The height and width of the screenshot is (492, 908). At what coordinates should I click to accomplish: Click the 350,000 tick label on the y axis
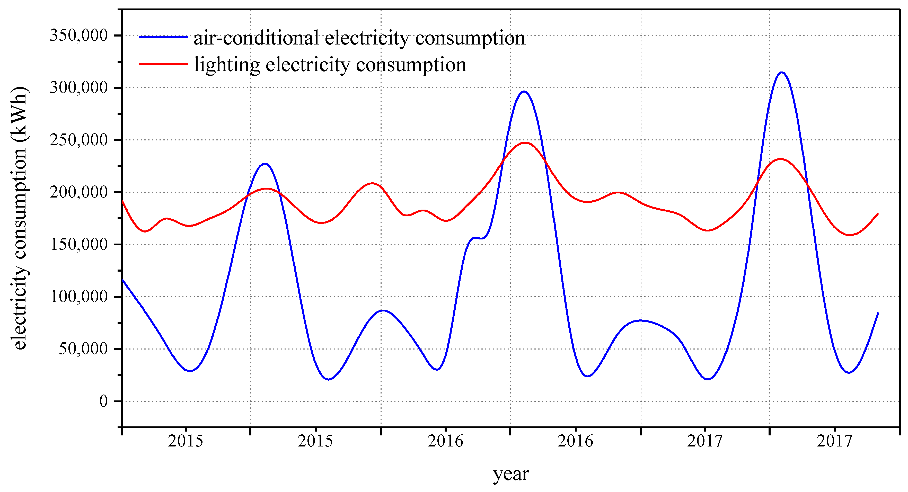[x=78, y=35]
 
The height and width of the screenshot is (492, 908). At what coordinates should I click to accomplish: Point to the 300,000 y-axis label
[x=78, y=87]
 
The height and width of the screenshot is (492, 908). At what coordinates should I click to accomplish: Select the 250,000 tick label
[x=78, y=140]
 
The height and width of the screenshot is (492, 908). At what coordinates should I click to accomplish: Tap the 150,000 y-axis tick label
[x=78, y=244]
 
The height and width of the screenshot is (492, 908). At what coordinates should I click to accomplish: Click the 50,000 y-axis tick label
[x=83, y=349]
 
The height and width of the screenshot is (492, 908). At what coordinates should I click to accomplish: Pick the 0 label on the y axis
[x=103, y=401]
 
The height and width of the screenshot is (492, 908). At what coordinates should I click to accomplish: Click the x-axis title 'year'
[x=510, y=474]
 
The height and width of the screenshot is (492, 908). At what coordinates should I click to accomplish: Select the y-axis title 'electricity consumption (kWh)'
[x=19, y=218]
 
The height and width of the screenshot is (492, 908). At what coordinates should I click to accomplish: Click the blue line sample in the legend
[x=164, y=37]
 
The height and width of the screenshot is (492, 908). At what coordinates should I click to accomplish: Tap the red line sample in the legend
[x=164, y=64]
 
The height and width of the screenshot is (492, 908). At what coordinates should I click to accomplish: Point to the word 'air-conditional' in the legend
[x=256, y=38]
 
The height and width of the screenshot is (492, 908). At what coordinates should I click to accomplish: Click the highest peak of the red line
[x=525, y=143]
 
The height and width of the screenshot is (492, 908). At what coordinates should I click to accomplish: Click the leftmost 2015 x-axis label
[x=186, y=441]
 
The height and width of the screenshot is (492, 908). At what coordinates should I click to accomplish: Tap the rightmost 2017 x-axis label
[x=834, y=441]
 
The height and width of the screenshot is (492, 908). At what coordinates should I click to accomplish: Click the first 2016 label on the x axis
[x=445, y=441]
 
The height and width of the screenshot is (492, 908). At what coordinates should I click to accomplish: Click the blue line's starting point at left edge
[x=122, y=280]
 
